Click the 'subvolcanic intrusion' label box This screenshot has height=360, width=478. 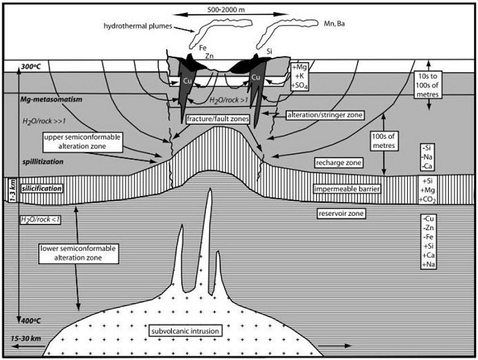185,331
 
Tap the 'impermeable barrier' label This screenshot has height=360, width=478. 347,189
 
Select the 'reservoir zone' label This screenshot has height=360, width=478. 341,213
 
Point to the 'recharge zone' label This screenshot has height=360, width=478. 338,162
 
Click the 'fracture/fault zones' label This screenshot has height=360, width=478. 218,119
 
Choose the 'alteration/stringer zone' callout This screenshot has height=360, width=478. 325,115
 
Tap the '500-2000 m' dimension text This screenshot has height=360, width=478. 226,10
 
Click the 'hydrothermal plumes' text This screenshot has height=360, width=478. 138,26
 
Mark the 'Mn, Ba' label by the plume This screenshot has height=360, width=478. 334,24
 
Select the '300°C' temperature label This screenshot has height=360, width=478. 31,66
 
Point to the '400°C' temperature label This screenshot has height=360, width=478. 31,320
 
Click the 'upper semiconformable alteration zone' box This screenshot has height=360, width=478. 82,141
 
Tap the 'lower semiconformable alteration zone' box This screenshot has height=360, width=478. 78,253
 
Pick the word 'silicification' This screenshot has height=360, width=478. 41,189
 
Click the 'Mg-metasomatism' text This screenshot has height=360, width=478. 51,99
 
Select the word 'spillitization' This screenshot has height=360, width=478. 43,162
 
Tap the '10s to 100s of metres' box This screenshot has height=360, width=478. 428,85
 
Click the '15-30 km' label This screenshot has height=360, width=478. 26,338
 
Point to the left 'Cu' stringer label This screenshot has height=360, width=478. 187,81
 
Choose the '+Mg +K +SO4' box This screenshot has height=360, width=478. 300,76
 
